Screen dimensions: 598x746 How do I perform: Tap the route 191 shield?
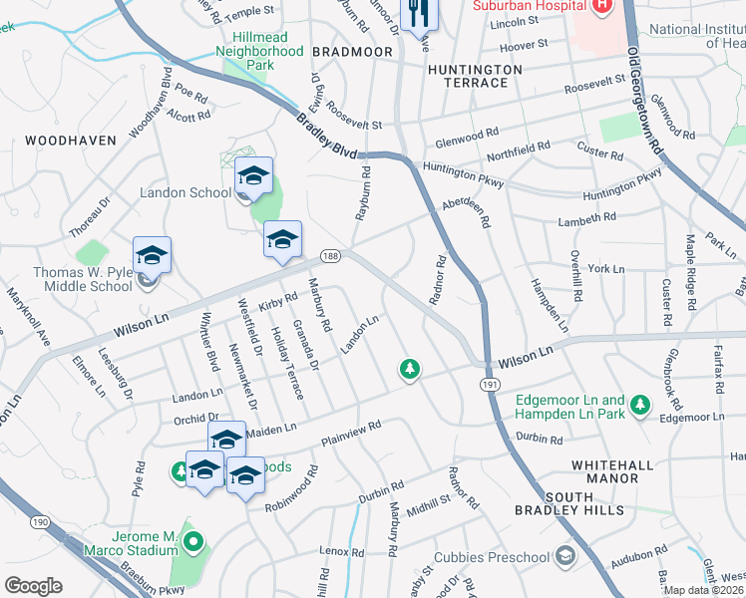[490, 383]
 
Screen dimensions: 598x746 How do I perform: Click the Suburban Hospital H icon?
[600, 6]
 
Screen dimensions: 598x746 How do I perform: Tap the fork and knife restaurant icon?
[417, 12]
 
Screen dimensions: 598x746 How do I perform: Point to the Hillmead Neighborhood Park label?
[260, 51]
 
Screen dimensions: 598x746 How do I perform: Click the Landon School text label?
[186, 192]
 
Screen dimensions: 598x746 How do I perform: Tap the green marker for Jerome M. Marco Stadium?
[192, 544]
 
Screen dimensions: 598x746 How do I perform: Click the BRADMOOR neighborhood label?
[348, 50]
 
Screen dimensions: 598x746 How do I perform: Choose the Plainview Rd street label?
[351, 434]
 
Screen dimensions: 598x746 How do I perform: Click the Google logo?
[33, 586]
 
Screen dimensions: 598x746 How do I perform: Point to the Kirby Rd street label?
[278, 300]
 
